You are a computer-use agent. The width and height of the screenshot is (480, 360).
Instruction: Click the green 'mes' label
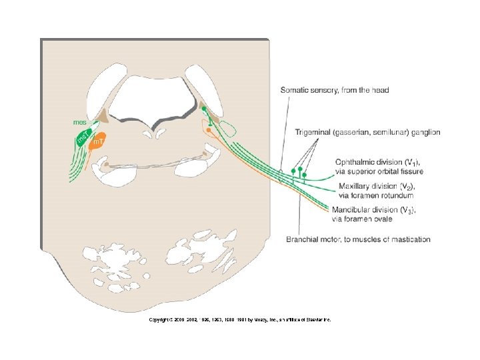coord(81,123)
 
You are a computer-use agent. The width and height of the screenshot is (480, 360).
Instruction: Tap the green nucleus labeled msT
coord(83,138)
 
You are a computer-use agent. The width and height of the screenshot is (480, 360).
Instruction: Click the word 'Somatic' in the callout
coord(295,90)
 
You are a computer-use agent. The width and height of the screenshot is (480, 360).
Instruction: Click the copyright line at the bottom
coord(240,320)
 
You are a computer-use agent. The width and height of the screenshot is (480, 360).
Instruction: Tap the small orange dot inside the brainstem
coord(209,131)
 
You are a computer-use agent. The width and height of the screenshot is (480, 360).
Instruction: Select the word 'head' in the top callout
coord(380,90)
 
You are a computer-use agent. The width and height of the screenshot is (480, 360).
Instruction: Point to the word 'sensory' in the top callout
coord(327,90)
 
